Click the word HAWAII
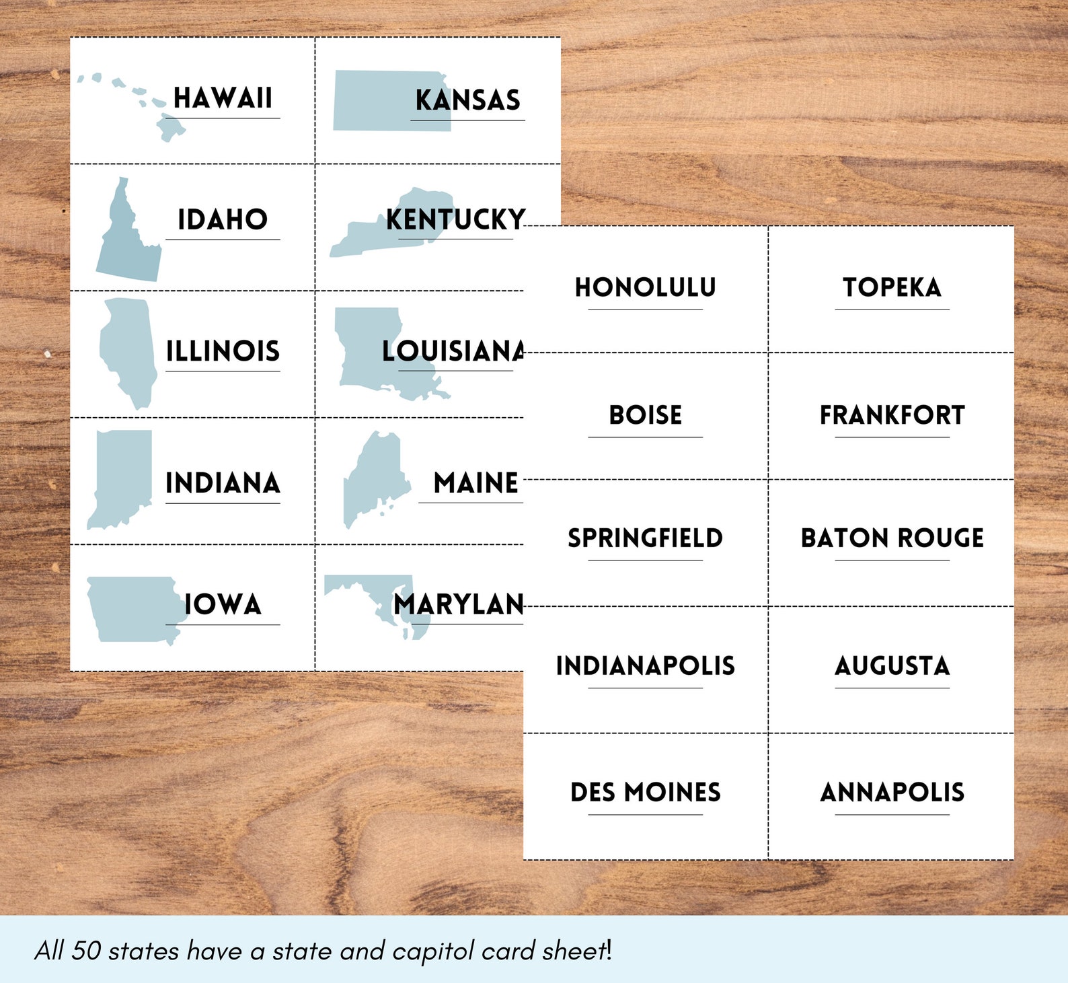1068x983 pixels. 223,98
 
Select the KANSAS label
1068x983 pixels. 467,100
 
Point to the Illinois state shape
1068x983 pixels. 128,350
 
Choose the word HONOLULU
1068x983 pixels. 645,287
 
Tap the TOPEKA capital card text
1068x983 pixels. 892,287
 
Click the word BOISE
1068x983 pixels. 645,415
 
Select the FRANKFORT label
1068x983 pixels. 892,415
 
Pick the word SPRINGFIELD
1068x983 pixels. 645,538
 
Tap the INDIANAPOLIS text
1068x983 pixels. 645,665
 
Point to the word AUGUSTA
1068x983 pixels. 892,665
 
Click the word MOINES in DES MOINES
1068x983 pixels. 672,792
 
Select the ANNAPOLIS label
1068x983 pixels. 892,792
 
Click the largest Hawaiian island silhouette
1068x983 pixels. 170,126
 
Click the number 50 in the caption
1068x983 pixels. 87,951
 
